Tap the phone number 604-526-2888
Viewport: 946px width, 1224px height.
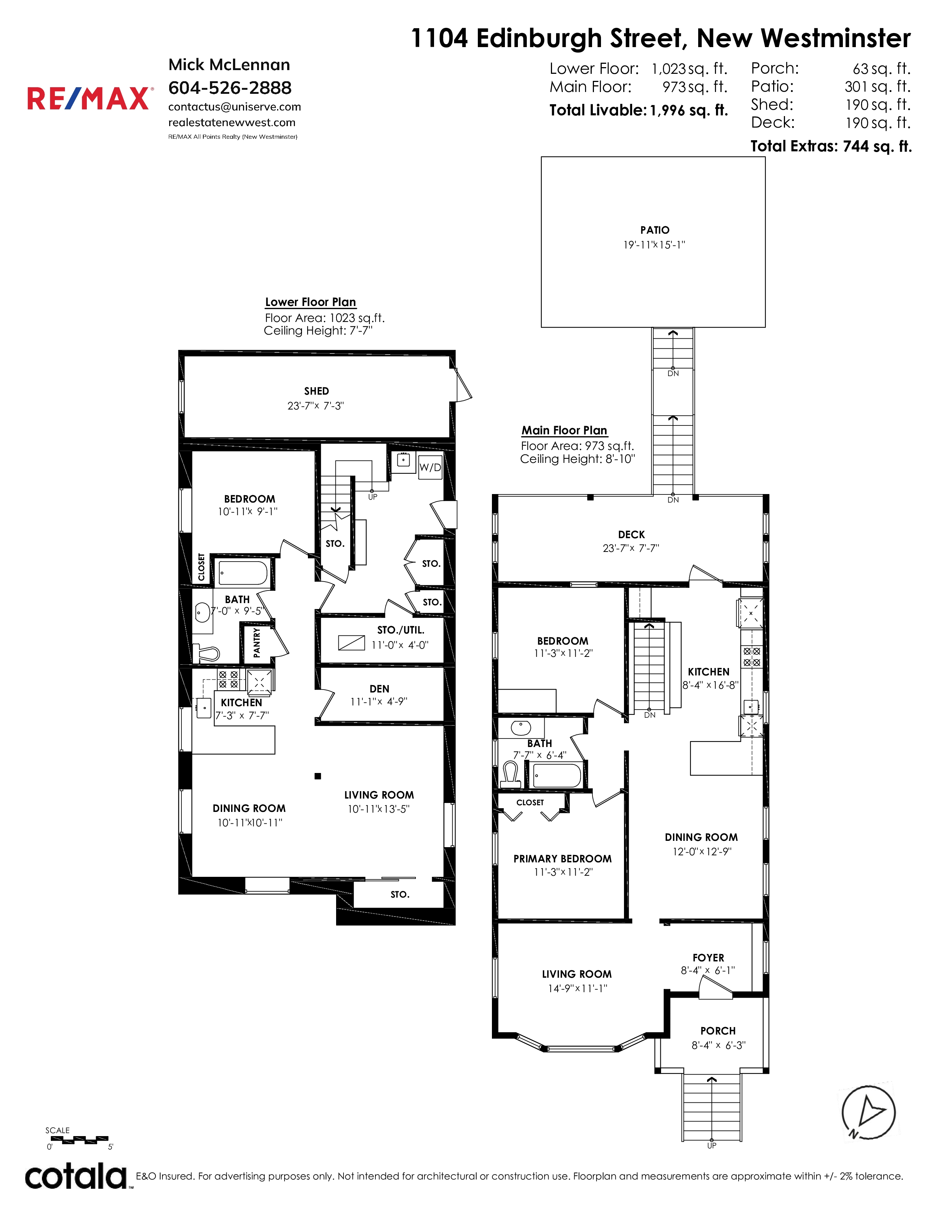230,88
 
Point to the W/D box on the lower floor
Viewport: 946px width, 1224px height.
430,467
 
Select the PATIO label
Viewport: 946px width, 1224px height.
654,230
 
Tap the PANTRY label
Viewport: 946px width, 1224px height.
257,642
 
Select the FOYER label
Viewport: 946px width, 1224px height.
708,958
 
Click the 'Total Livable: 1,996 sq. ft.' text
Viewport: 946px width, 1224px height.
639,110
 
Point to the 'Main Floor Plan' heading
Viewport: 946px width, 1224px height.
564,430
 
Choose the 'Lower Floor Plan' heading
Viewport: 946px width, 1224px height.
311,302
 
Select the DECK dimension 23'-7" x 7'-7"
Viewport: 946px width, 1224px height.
631,548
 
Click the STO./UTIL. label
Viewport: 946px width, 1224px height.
401,630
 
